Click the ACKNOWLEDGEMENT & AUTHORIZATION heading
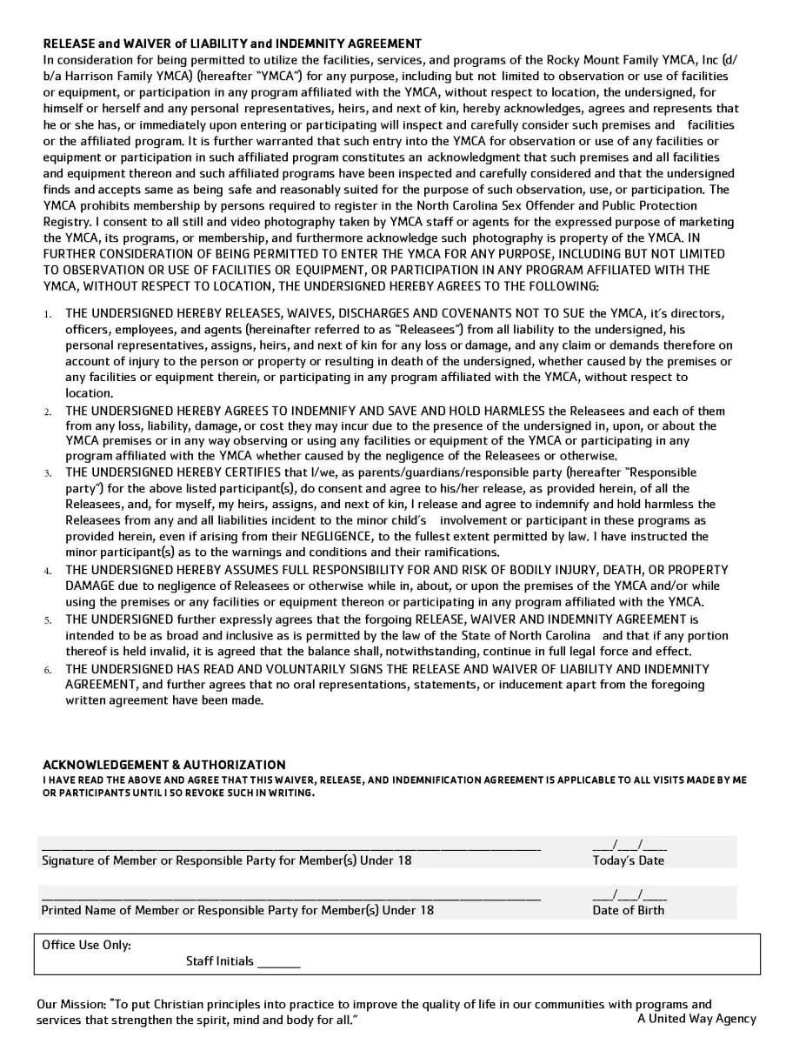(x=164, y=765)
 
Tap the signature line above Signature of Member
(x=291, y=847)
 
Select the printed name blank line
(x=291, y=896)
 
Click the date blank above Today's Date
(x=629, y=846)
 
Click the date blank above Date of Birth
(x=629, y=895)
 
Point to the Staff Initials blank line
(x=278, y=965)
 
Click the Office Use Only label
(x=87, y=945)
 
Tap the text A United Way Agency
(x=696, y=1019)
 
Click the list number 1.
(x=48, y=314)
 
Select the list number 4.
(x=48, y=571)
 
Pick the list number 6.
(x=48, y=670)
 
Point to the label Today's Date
(x=628, y=860)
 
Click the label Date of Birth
(x=628, y=910)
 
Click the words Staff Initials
(x=219, y=961)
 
